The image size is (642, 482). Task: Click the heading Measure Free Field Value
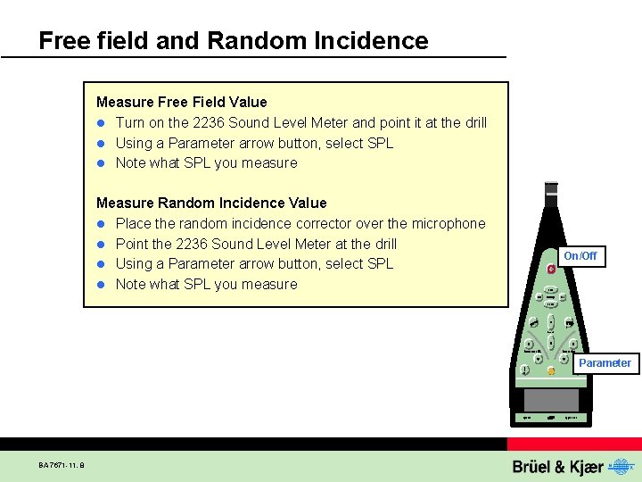point(181,102)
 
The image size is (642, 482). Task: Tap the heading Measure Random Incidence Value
point(211,203)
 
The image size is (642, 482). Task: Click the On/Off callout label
point(580,256)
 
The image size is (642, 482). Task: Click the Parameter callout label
point(605,363)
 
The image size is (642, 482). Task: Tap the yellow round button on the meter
point(551,370)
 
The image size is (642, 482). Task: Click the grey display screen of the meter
point(551,399)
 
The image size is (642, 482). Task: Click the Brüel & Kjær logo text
point(558,467)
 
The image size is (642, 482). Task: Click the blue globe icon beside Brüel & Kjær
point(621,466)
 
